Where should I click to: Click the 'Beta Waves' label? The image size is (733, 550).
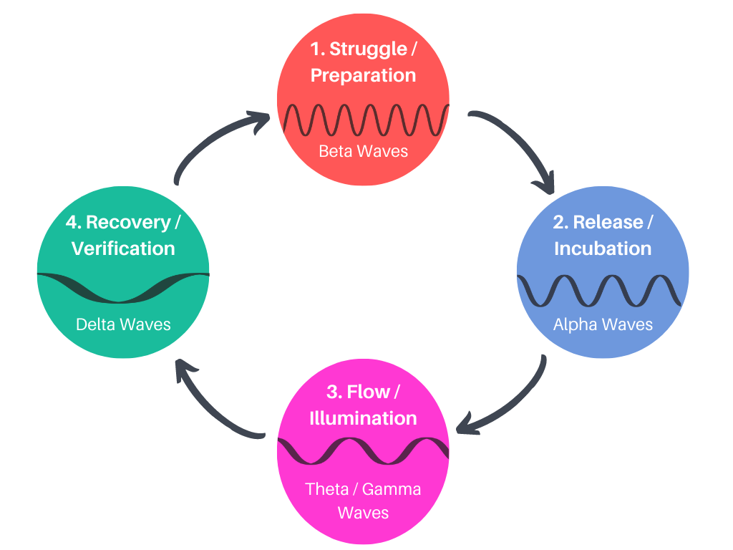click(363, 151)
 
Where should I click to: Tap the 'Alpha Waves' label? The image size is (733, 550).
click(603, 324)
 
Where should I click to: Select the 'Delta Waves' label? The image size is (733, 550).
click(123, 324)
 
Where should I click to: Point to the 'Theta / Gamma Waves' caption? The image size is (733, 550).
click(363, 501)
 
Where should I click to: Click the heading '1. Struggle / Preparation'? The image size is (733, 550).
click(363, 62)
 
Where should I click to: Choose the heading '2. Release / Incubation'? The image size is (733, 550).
click(603, 235)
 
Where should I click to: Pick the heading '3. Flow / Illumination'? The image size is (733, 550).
click(363, 405)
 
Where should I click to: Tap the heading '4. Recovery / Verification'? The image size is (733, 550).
click(123, 235)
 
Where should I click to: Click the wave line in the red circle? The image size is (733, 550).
click(363, 119)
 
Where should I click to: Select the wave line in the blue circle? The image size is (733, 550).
click(603, 290)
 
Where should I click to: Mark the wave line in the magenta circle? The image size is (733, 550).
click(363, 450)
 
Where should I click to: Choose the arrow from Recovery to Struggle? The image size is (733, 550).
click(208, 143)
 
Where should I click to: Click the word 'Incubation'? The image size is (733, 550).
click(603, 249)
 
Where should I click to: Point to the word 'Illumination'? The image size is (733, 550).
click(363, 418)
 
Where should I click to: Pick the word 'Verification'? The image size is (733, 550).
click(123, 249)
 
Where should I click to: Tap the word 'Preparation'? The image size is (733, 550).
click(363, 75)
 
